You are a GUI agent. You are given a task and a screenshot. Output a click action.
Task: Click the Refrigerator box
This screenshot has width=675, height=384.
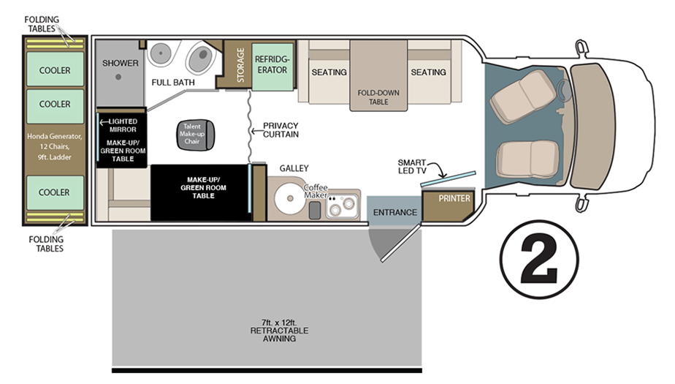click(x=270, y=65)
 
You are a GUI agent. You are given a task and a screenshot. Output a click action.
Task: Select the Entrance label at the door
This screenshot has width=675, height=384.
click(x=394, y=213)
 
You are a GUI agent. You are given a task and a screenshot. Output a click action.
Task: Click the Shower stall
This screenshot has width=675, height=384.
click(x=120, y=73)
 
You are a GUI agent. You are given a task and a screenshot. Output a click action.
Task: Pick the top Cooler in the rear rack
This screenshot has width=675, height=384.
click(x=55, y=71)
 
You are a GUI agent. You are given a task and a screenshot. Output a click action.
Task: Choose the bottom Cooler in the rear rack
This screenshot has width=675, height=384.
click(x=55, y=192)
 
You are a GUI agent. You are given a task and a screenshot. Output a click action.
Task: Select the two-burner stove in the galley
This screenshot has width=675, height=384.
click(x=343, y=206)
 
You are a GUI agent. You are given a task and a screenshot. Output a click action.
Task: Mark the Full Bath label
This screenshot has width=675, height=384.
click(x=173, y=83)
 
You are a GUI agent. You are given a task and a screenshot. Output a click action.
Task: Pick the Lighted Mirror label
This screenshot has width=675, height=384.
click(x=121, y=124)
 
